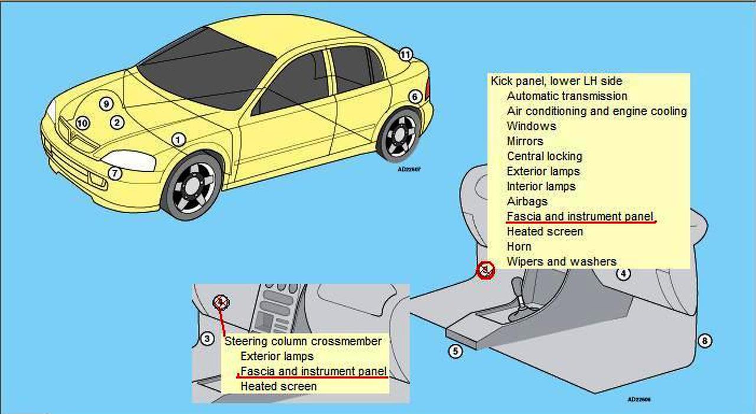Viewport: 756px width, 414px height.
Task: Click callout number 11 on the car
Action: coord(405,55)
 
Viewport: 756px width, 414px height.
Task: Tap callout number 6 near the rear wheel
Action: coord(415,97)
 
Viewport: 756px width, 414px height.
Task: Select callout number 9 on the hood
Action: coord(106,104)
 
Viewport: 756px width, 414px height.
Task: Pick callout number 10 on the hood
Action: coord(83,123)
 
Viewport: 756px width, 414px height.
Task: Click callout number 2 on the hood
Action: coord(117,123)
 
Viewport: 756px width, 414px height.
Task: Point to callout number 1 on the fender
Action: coord(178,140)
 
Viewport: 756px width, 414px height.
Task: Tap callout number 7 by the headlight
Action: coord(115,173)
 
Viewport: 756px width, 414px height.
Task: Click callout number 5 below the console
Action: coord(455,351)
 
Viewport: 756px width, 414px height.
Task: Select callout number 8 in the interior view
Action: coord(705,341)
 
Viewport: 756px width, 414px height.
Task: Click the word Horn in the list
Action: coord(519,247)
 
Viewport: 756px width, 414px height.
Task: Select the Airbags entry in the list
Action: coord(527,201)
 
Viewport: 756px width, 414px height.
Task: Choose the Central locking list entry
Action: coord(545,156)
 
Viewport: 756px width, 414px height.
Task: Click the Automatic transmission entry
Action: coord(567,96)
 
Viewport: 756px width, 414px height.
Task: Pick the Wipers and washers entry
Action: coord(562,262)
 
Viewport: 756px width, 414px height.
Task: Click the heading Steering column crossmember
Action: coord(303,341)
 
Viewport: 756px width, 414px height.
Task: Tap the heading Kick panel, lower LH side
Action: coord(556,81)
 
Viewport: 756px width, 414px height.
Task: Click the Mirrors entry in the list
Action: coord(525,141)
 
